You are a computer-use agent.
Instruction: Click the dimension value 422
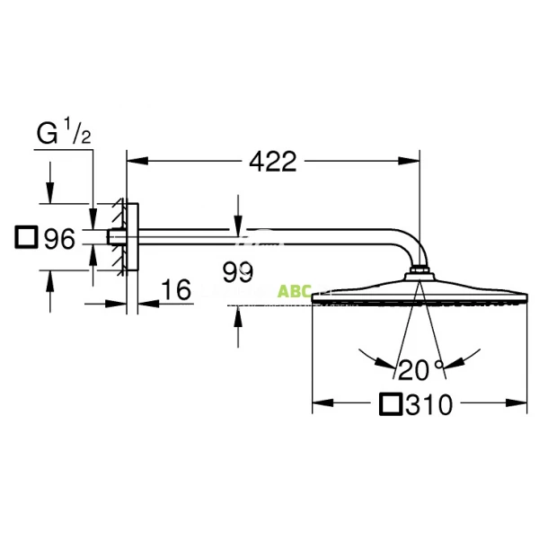272,162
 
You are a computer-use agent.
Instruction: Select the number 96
58,239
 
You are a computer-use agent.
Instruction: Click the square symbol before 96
27,239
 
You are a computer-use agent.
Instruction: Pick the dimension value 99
237,272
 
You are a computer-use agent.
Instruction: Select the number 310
429,405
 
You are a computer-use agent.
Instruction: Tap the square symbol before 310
390,405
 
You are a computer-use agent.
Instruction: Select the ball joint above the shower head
420,272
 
